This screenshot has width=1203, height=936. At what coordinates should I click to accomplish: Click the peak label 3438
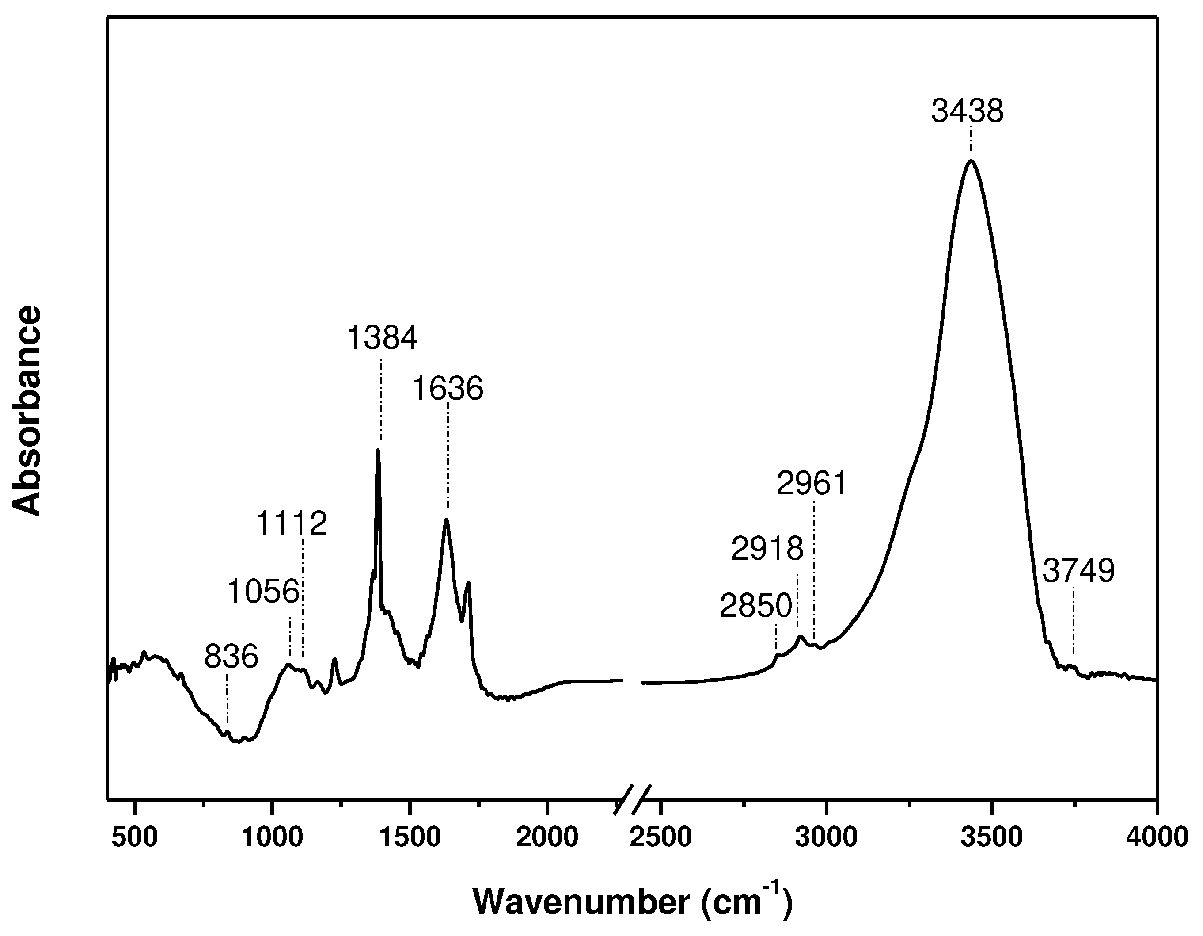(967, 111)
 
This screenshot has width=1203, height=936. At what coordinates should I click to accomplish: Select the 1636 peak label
(447, 388)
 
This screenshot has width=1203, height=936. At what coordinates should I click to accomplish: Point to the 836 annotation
(231, 657)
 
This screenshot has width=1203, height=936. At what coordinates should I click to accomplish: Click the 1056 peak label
(263, 592)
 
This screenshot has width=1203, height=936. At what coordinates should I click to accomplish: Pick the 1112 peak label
(292, 523)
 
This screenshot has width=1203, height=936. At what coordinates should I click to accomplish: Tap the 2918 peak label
(767, 549)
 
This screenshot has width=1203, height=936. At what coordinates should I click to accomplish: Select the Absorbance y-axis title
(27, 411)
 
